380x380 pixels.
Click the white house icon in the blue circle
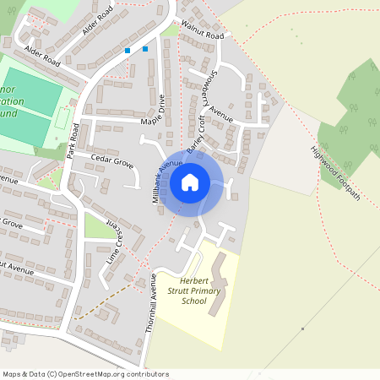coord(190,182)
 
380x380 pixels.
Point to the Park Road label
coord(73,141)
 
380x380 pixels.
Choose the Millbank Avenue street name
coord(167,179)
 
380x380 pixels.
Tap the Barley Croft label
coord(196,136)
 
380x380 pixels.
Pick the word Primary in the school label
coord(205,291)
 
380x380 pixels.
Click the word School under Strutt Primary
coord(194,301)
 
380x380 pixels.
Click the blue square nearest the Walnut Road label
coord(145,49)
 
